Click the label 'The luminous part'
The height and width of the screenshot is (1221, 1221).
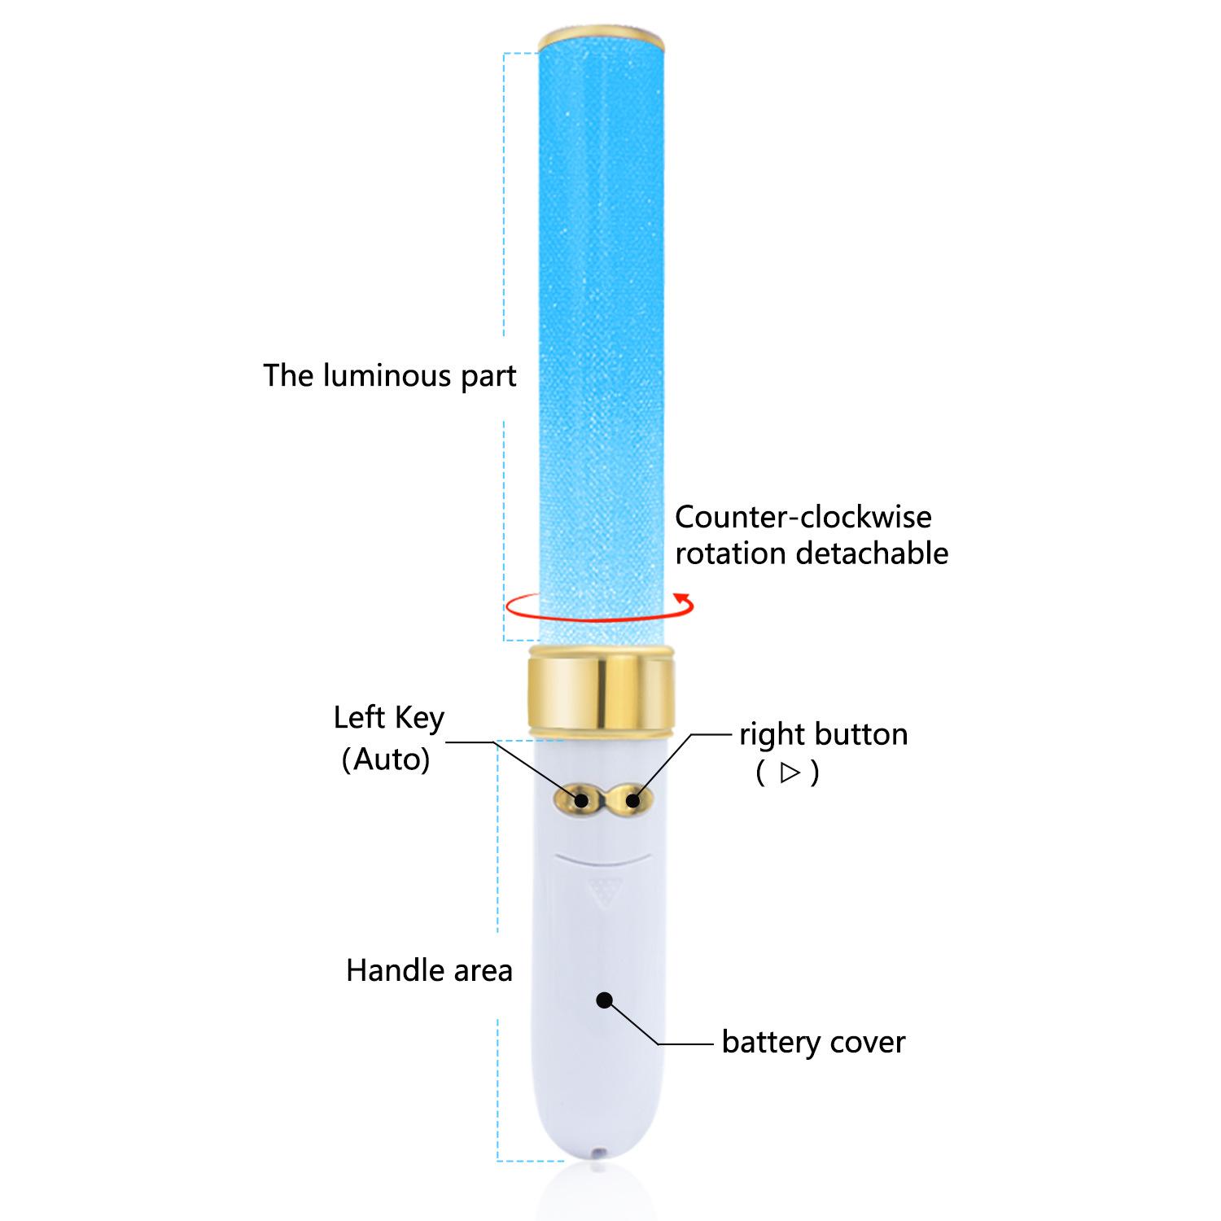[389, 376]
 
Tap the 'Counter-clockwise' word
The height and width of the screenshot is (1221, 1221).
[803, 517]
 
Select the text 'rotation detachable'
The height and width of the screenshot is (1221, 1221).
[812, 554]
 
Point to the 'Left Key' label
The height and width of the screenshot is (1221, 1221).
[388, 718]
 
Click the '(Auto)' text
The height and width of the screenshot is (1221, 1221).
[386, 759]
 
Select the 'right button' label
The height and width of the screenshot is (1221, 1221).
[823, 734]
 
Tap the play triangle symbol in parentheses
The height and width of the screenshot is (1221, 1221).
[789, 772]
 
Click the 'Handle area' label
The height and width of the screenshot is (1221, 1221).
[429, 970]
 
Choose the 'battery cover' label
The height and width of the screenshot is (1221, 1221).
[813, 1042]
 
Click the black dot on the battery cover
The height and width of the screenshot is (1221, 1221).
[604, 1000]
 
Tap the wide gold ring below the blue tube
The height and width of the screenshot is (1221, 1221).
[601, 690]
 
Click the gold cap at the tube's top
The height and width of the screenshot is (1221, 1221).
[602, 37]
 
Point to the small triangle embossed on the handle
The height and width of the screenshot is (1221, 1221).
[602, 893]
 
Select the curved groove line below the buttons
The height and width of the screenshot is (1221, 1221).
[601, 859]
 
